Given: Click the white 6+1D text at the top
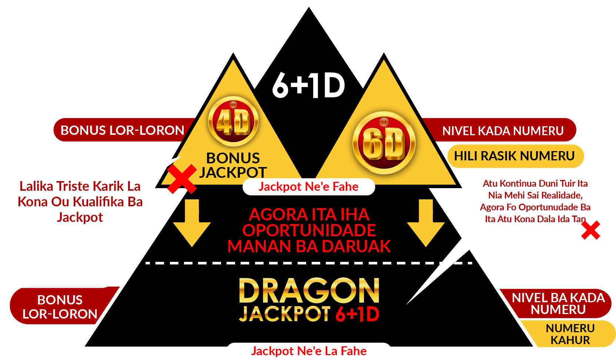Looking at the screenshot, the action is pyautogui.click(x=308, y=86).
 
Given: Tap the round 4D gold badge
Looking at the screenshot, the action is pyautogui.click(x=233, y=121).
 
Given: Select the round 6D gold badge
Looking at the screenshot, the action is pyautogui.click(x=384, y=143).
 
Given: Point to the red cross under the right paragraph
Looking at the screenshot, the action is pyautogui.click(x=591, y=230).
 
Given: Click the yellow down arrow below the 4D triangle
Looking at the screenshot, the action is pyautogui.click(x=192, y=223).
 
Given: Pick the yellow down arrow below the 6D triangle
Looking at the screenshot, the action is pyautogui.click(x=426, y=223).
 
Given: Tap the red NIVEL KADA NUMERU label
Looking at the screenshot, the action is pyautogui.click(x=503, y=130).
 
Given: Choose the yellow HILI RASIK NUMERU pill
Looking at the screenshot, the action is pyautogui.click(x=515, y=156).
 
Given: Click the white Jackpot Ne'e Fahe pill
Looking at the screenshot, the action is pyautogui.click(x=308, y=187).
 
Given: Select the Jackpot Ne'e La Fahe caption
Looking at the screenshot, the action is pyautogui.click(x=309, y=351).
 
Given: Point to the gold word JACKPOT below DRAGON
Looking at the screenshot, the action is pyautogui.click(x=284, y=314).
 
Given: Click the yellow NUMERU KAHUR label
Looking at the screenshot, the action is pyautogui.click(x=570, y=334).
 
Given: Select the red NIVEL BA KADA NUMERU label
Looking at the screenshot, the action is pyautogui.click(x=558, y=304).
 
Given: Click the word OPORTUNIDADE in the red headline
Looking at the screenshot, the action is pyautogui.click(x=309, y=230).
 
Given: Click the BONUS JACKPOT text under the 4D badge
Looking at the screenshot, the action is pyautogui.click(x=233, y=165).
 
